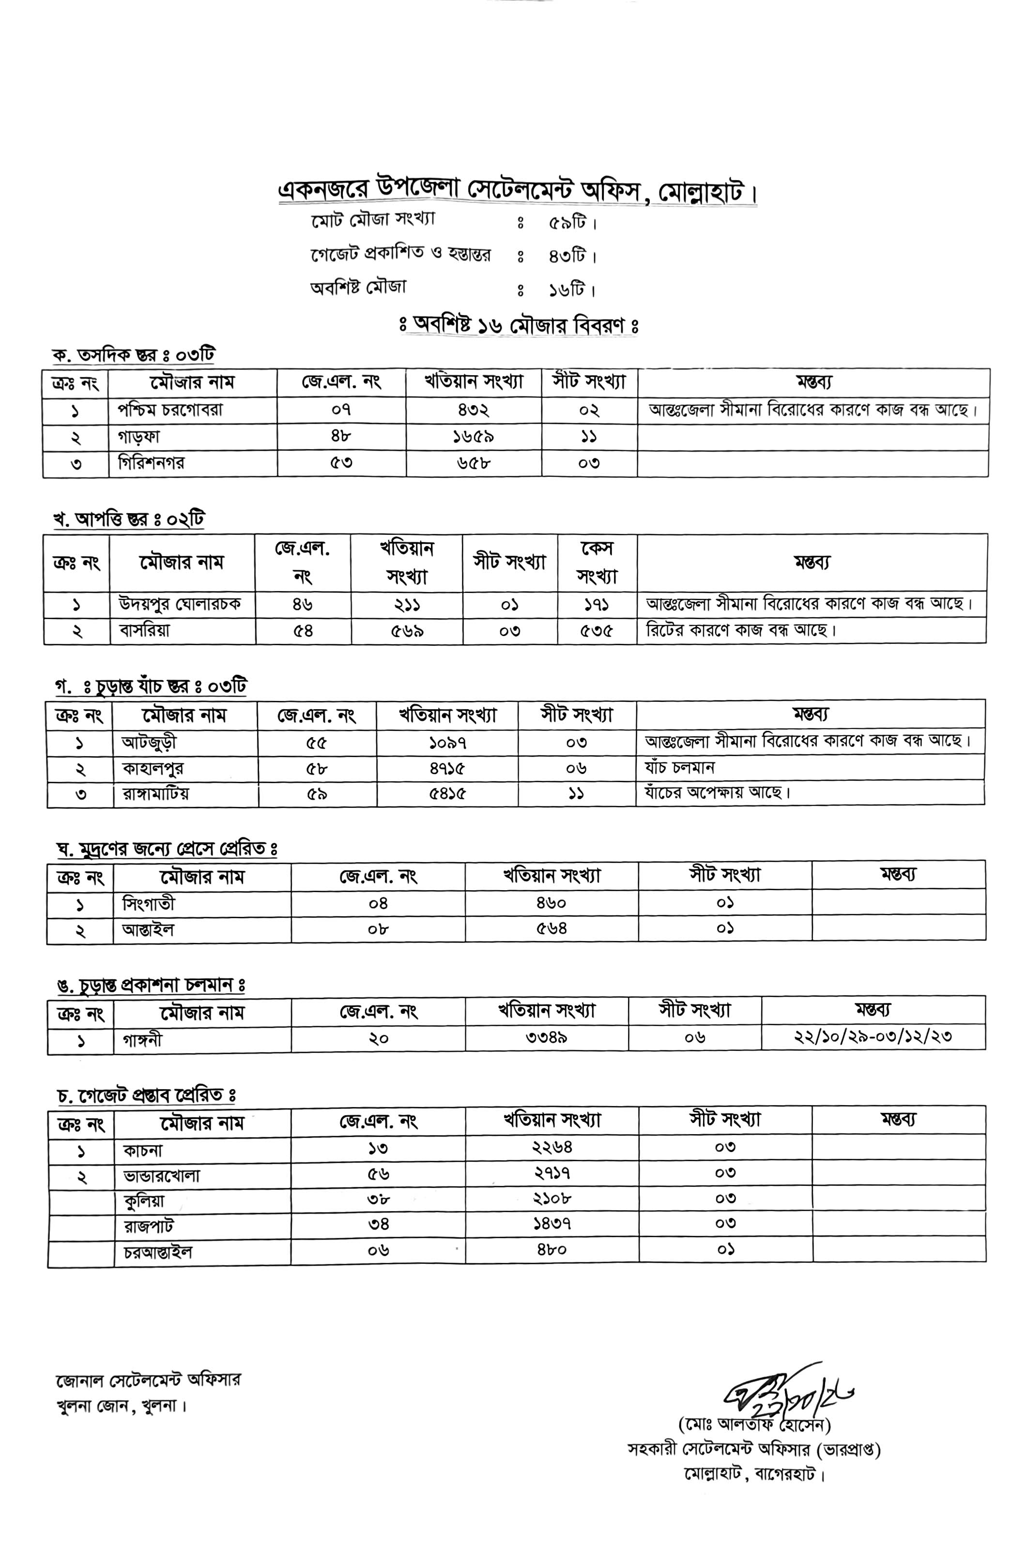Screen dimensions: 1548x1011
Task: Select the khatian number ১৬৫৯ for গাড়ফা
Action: pos(473,437)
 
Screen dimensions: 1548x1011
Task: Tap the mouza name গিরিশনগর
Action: pos(151,463)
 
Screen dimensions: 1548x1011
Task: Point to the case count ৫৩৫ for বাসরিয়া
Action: pos(596,631)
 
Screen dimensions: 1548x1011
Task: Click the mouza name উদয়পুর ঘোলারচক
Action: pos(180,604)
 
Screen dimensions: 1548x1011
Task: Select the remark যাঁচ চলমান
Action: pos(679,768)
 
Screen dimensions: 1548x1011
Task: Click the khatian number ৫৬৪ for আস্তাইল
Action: pos(551,929)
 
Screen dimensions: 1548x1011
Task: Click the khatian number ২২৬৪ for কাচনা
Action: pos(551,1147)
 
